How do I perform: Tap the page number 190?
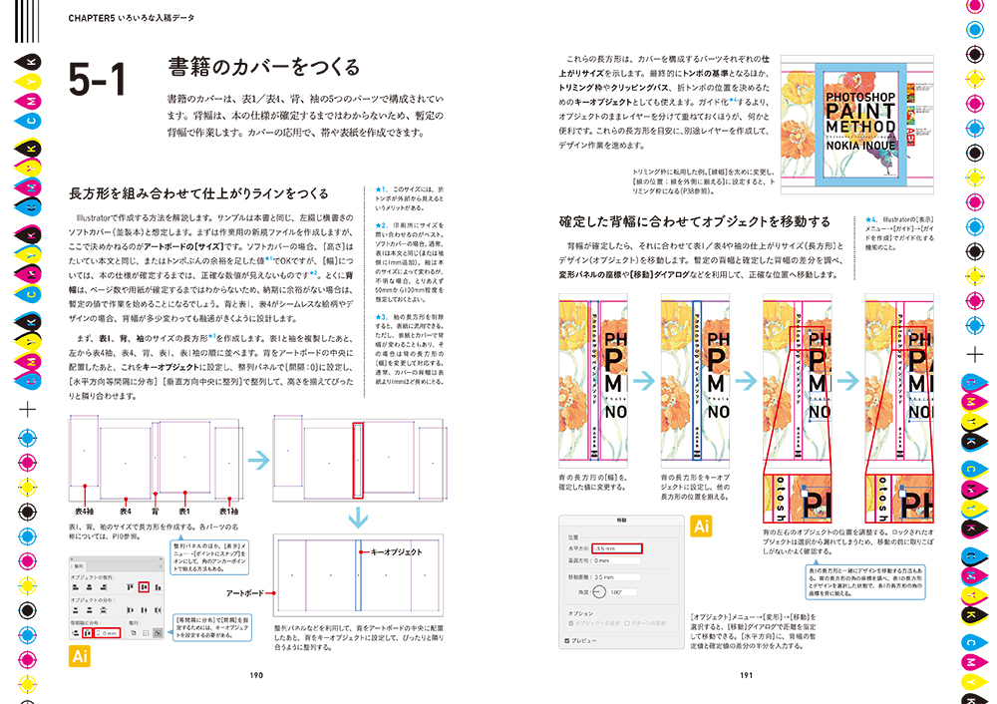coord(256,675)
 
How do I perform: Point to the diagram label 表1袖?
coord(230,512)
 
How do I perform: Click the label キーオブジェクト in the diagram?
coord(396,550)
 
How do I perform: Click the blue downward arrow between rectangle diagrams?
coord(357,518)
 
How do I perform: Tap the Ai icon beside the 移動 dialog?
coord(701,526)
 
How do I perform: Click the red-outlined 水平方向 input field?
coord(615,547)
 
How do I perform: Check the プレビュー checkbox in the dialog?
coord(568,639)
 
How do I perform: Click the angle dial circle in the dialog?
coord(599,591)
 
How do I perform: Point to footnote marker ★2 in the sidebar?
coord(381,225)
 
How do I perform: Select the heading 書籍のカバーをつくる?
coord(265,68)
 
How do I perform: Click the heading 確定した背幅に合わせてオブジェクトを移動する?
coord(694,220)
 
